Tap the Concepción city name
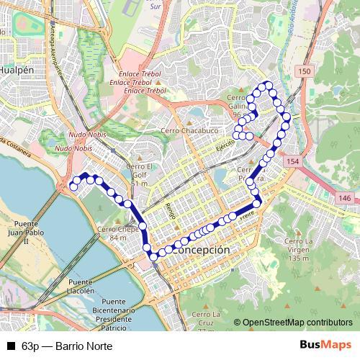(201, 249)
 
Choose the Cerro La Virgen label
(302, 249)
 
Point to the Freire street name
(249, 213)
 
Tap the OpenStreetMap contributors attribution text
(297, 323)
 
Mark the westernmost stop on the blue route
(73, 187)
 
